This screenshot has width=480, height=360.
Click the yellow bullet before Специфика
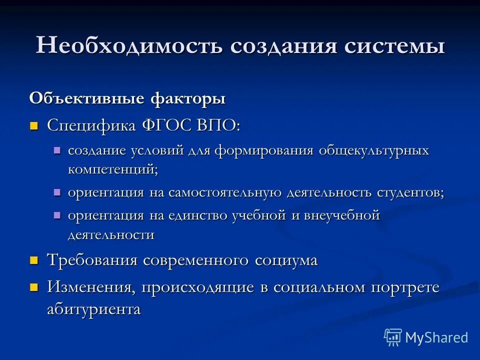pyautogui.click(x=34, y=125)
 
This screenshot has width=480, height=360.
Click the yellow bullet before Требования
pyautogui.click(x=34, y=260)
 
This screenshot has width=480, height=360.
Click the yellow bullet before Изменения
pyautogui.click(x=34, y=287)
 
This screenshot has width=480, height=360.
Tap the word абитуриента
pyautogui.click(x=94, y=309)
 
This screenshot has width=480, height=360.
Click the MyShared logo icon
pyautogui.click(x=392, y=337)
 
